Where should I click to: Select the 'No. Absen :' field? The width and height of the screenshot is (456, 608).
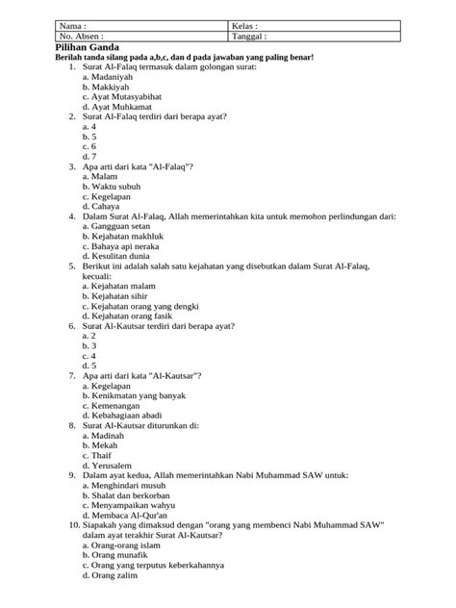coord(87,37)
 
